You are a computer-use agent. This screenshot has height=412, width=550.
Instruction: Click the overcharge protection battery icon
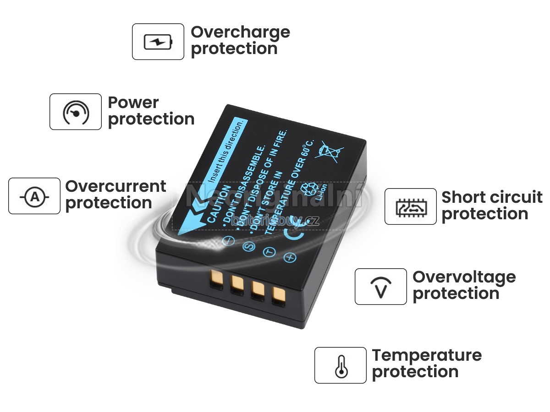[158, 42]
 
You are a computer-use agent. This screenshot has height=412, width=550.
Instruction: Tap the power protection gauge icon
[76, 112]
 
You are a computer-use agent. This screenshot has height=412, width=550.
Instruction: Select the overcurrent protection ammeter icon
[34, 196]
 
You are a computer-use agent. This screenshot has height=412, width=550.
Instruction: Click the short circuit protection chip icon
[410, 206]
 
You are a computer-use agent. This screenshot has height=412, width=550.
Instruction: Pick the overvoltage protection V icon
[380, 287]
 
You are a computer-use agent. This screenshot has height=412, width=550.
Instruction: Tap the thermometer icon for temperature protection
[340, 365]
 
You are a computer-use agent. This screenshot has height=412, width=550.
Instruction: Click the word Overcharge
[240, 32]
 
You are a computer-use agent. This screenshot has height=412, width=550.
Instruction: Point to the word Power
[133, 103]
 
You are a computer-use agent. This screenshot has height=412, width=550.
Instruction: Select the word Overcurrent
[115, 186]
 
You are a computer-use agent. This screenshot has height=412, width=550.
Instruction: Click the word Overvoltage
[464, 276]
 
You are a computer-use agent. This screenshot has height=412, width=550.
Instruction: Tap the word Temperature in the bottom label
[427, 355]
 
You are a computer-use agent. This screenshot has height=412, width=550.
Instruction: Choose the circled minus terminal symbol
[228, 240]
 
